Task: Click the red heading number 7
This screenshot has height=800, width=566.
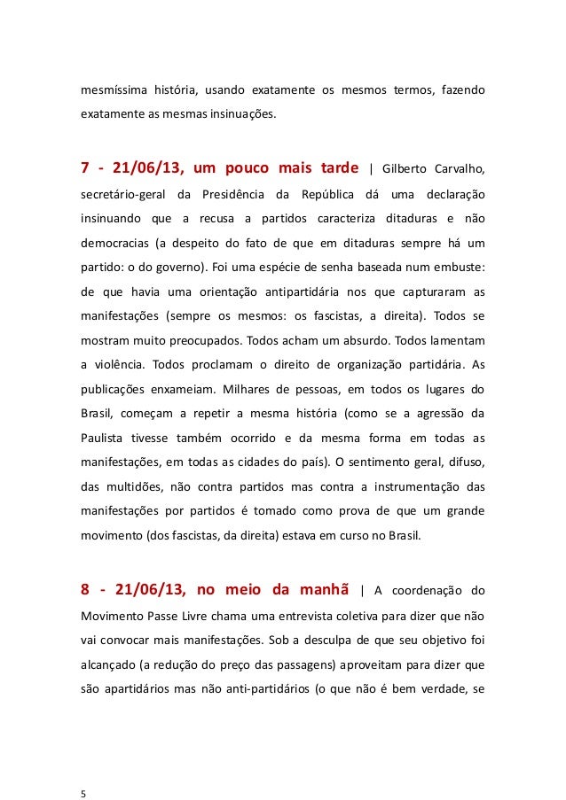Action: [85, 169]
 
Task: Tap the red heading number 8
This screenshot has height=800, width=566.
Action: [85, 591]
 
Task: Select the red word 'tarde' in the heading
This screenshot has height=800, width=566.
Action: [334, 169]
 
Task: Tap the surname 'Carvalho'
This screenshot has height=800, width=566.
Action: [458, 170]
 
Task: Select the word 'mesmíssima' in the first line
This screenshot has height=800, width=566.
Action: [111, 89]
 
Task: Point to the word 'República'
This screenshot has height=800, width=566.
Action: [326, 194]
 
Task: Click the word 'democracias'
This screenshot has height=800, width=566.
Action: [113, 242]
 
